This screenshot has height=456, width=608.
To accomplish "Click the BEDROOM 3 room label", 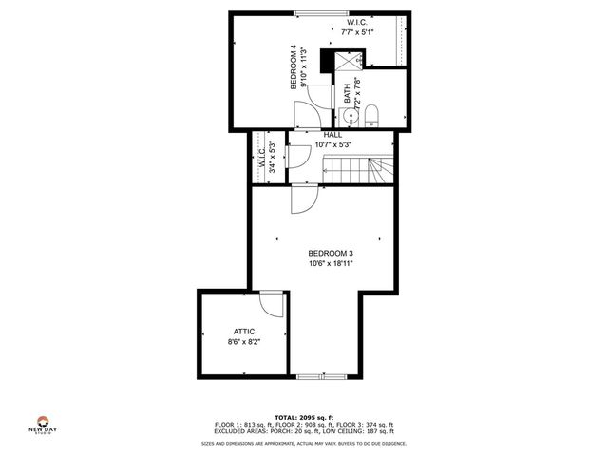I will pyautogui.click(x=331, y=253).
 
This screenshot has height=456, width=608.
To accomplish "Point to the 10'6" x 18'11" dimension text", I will pyautogui.click(x=331, y=264).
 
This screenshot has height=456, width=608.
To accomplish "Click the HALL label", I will pyautogui.click(x=332, y=135).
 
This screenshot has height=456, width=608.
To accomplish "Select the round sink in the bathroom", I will pyautogui.click(x=350, y=118).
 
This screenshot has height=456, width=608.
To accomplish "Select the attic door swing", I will pyautogui.click(x=273, y=305).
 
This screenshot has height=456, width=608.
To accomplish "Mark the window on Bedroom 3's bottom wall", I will pyautogui.click(x=320, y=377).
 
